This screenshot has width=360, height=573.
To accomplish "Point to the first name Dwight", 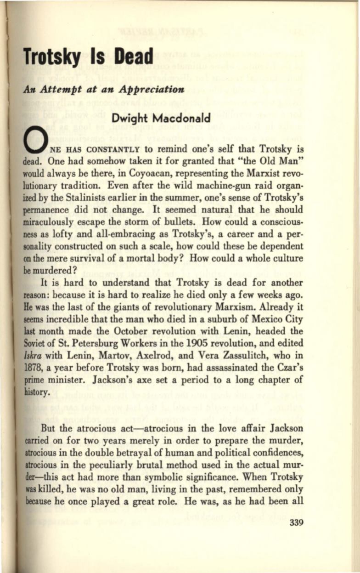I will (x=130, y=118).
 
